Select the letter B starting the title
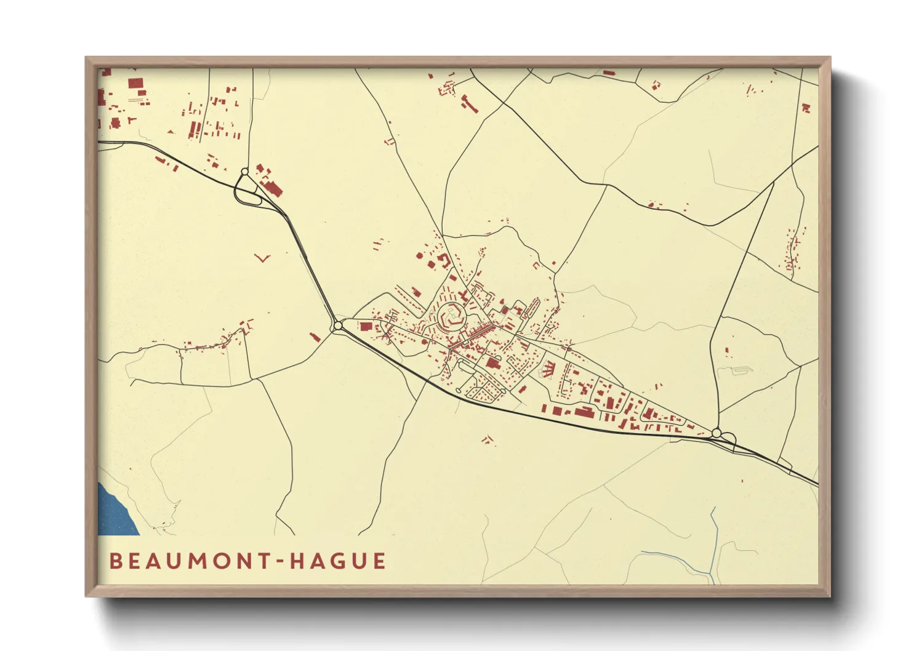pos(115,561)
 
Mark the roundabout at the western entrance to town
pos(337,325)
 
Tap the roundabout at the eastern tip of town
pos(716,433)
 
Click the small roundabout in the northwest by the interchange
pos(244,172)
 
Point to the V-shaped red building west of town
pos(263,258)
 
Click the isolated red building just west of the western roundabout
pos(315,337)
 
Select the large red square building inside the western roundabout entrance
pos(366,327)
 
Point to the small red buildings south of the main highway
pos(488,439)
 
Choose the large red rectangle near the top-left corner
pos(135,84)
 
